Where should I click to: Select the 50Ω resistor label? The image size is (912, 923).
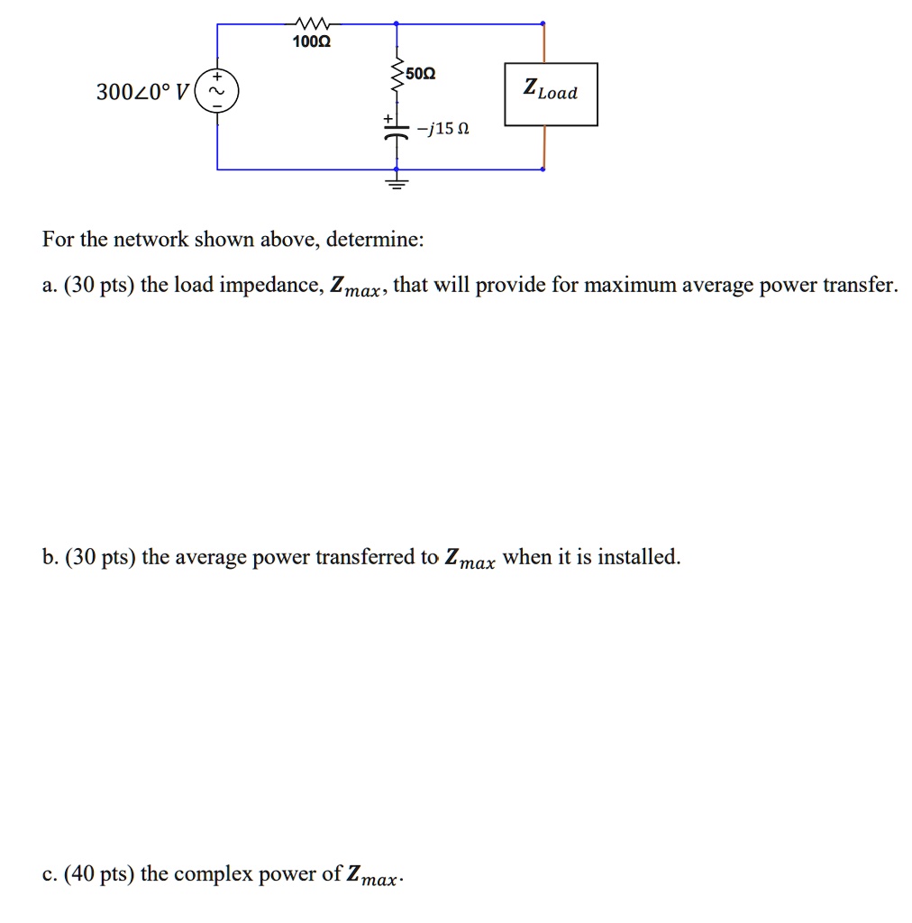420,73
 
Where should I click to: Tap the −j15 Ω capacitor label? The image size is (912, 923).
442,129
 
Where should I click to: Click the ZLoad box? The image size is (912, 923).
551,94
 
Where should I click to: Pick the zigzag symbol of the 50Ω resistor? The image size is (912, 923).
396,79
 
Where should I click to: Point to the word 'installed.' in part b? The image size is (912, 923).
640,557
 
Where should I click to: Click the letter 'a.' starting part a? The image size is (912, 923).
49,287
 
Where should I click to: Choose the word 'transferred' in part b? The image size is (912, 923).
369,557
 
